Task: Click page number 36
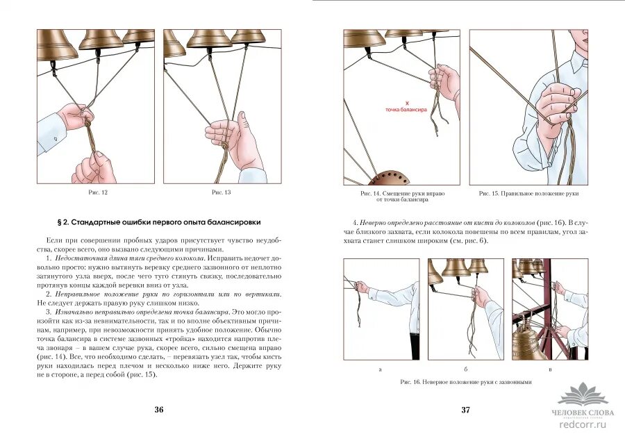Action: [x=158, y=410]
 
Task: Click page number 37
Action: [x=465, y=410]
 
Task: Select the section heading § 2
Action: [x=158, y=222]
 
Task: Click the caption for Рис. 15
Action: [x=528, y=193]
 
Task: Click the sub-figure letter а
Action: [x=381, y=369]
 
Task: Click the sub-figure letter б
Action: [x=465, y=369]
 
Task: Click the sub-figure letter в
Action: [x=549, y=369]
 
